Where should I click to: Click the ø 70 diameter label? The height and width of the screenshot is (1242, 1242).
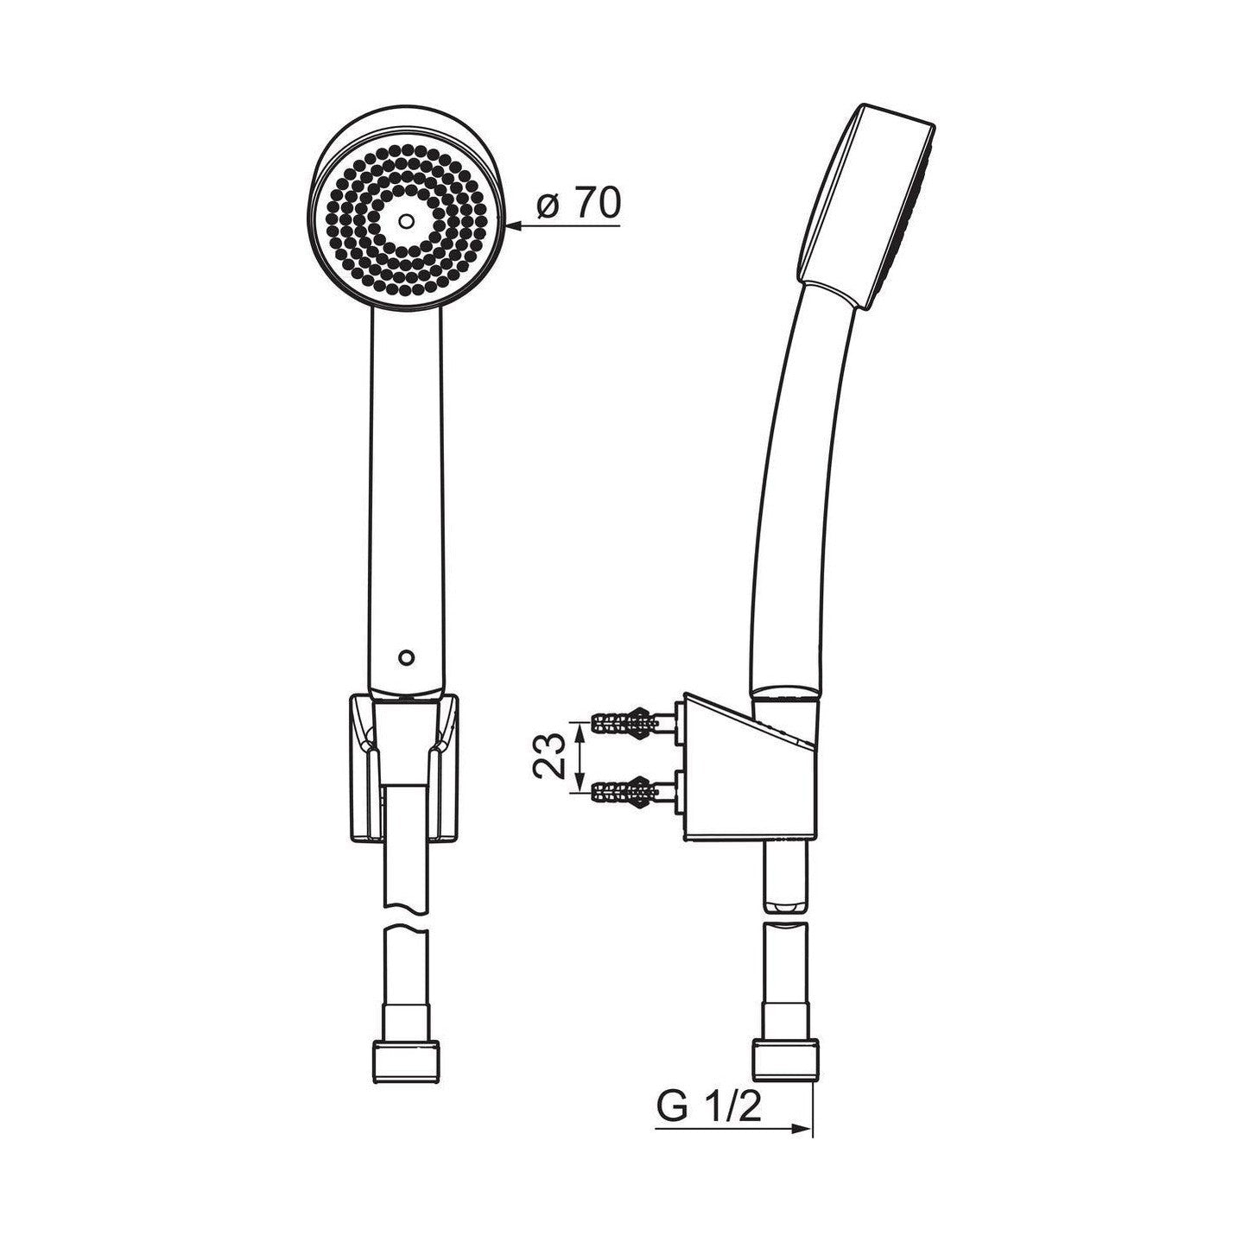(578, 205)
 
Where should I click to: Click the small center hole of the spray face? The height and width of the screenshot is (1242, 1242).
(405, 221)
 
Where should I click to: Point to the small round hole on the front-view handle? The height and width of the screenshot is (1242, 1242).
(405, 656)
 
